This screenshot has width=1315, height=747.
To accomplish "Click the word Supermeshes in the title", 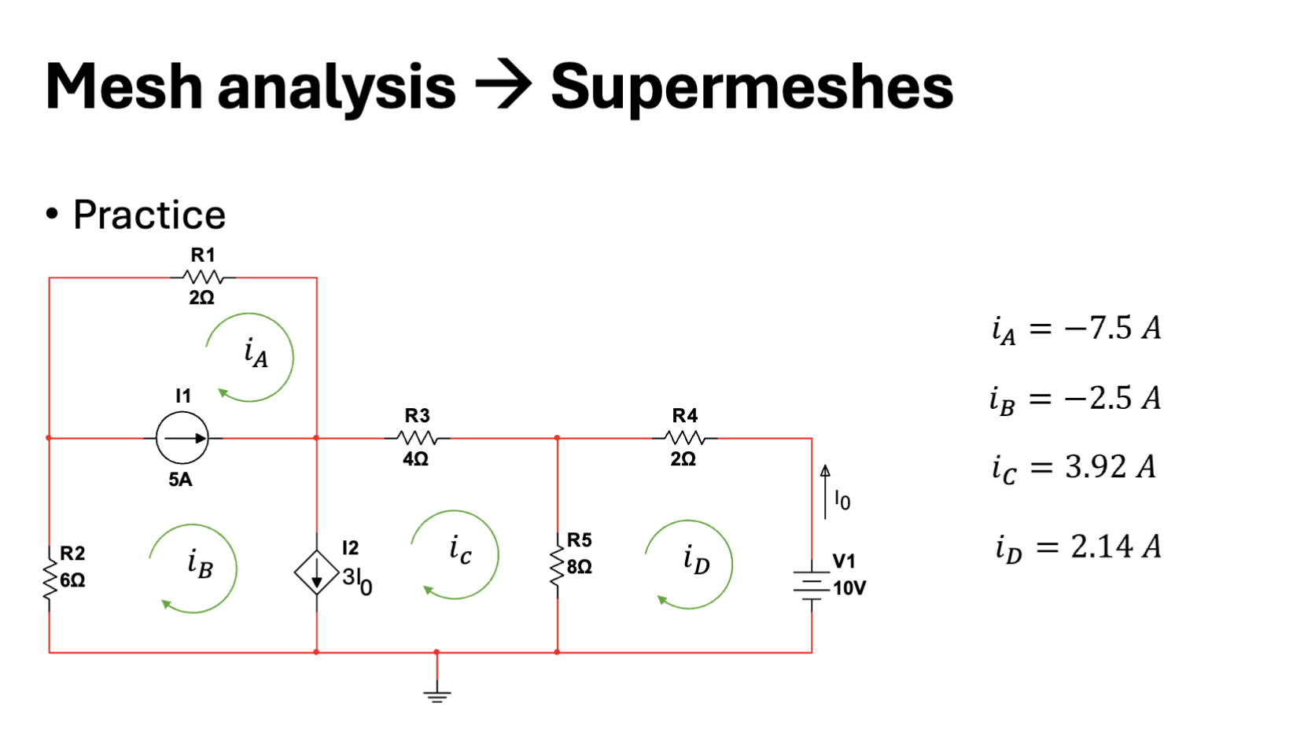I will pos(751,86).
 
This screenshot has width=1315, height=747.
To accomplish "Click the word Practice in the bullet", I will pos(149,215).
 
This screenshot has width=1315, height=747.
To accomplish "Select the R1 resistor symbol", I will pos(203,277).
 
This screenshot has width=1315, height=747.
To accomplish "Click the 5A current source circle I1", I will pos(182,438).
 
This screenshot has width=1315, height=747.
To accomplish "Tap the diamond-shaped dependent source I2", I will pos(316,573).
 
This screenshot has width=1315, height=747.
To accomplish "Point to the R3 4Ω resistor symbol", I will pos(417,438).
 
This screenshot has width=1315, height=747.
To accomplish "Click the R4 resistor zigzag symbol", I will pos(684,438).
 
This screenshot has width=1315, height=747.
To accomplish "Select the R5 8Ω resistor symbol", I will pos(557,565).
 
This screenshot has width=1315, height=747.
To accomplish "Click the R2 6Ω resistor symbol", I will pos(50,578).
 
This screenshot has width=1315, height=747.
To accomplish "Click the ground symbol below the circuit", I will pos(436,694).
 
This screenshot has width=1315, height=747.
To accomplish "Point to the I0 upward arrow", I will pos(825,492).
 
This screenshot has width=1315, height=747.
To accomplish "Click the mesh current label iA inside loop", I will pos(256,354).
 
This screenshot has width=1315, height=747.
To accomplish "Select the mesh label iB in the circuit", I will pos(200,564).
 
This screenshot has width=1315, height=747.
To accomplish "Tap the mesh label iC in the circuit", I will pos(460,550).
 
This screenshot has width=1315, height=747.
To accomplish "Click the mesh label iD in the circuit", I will pos(696,560).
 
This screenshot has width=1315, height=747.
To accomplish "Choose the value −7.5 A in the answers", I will pos(1112,328).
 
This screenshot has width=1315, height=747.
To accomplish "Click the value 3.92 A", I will pos(1110,467).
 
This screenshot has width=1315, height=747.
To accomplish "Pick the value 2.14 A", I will pos(1115,546).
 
